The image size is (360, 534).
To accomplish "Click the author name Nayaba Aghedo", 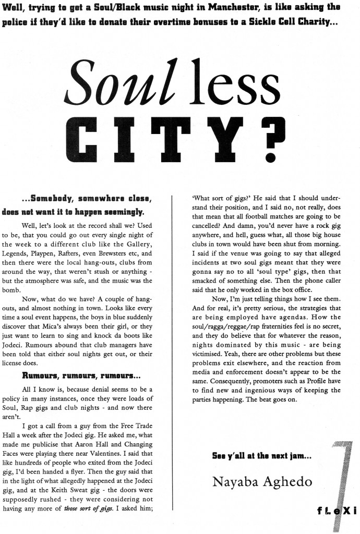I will [x=262, y=481].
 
